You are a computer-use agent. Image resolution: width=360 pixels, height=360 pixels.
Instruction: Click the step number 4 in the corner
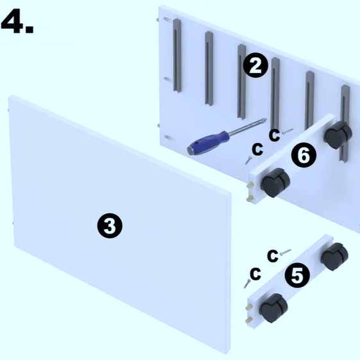click(17, 21)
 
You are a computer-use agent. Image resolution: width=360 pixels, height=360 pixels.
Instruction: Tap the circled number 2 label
click(255, 65)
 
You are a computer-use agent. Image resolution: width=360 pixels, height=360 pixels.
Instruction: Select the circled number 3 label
click(110, 225)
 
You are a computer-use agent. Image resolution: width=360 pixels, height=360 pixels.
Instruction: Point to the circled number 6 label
click(304, 155)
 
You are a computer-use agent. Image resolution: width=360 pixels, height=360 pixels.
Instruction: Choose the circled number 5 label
click(297, 275)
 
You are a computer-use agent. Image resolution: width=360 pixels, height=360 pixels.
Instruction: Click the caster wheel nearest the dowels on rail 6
click(275, 182)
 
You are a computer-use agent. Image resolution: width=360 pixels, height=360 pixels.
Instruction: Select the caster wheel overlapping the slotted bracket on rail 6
click(338, 135)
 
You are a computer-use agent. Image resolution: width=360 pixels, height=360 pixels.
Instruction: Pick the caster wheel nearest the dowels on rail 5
click(273, 308)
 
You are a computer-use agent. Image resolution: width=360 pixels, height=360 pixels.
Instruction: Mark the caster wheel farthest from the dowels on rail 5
click(334, 257)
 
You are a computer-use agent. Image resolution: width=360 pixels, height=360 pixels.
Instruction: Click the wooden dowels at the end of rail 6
click(250, 191)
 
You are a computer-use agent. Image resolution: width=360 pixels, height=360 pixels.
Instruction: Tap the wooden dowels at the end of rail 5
click(249, 313)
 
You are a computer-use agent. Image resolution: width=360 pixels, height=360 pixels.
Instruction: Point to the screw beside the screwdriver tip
click(287, 131)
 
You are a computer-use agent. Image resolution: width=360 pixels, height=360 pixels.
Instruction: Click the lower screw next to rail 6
click(248, 160)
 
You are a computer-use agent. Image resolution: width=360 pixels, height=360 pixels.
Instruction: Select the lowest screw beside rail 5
click(247, 284)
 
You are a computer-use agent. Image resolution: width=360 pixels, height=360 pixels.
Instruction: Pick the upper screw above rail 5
click(286, 252)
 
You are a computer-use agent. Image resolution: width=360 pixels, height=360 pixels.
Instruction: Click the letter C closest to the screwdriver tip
click(275, 135)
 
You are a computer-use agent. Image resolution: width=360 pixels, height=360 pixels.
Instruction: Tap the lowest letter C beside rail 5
click(255, 273)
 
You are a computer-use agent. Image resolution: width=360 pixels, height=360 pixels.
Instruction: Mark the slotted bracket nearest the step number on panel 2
click(177, 56)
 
